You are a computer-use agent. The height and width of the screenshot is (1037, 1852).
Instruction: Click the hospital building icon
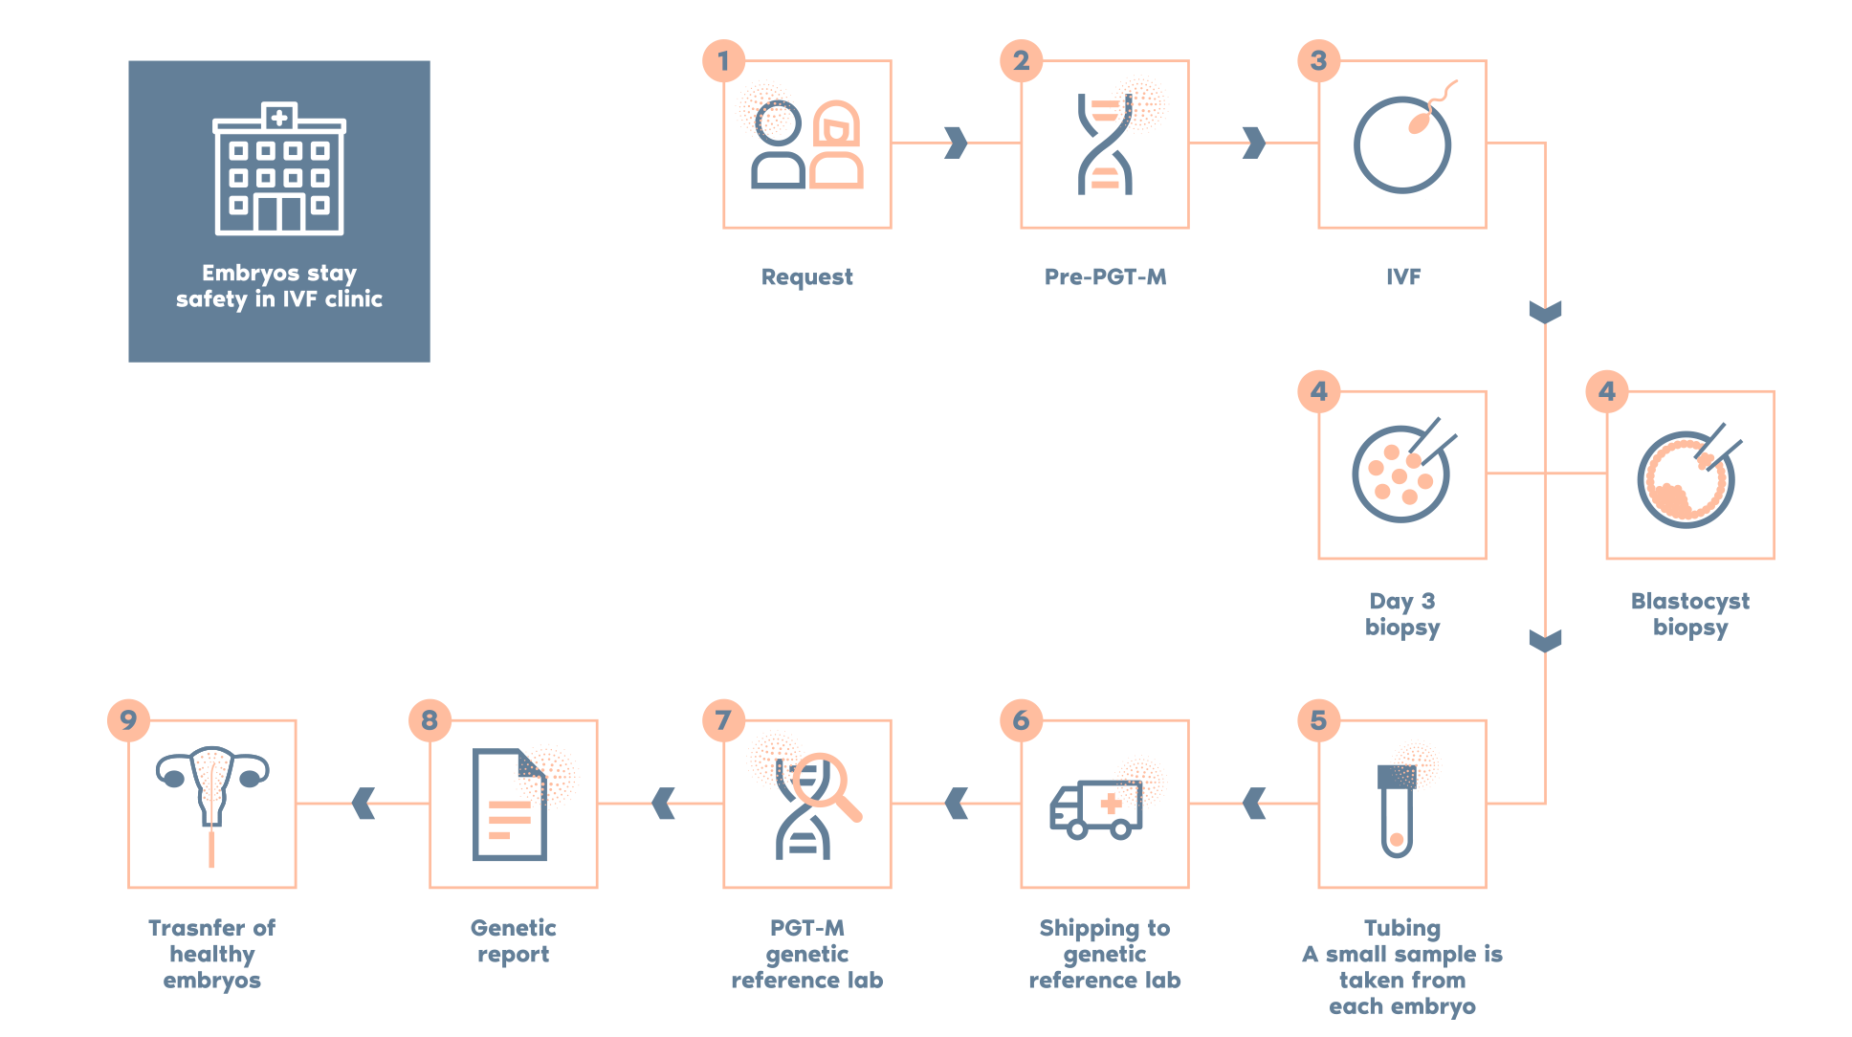(278, 169)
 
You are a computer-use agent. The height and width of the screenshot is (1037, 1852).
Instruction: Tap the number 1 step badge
(723, 61)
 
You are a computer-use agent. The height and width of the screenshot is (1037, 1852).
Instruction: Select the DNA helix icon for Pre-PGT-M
(1105, 144)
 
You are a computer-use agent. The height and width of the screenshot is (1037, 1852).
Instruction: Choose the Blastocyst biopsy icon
(1687, 475)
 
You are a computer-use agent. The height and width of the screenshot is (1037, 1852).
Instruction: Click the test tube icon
(1397, 808)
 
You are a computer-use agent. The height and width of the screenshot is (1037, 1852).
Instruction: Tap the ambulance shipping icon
(1096, 809)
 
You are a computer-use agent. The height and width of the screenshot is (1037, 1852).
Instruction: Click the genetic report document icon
(510, 805)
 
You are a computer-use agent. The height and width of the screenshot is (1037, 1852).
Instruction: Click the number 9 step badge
(128, 719)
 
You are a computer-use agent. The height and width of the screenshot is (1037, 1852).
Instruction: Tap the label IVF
(1403, 277)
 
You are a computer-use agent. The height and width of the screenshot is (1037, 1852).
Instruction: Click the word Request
(806, 277)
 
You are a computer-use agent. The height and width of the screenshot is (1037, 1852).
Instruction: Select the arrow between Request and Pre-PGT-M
(955, 143)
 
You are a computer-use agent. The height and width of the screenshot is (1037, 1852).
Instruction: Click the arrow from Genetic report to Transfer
(364, 804)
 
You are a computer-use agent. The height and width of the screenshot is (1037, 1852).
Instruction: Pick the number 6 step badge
(1021, 719)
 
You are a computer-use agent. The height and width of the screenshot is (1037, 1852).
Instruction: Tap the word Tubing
(1402, 928)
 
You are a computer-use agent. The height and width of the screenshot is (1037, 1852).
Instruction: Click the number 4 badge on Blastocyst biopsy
(1606, 390)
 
